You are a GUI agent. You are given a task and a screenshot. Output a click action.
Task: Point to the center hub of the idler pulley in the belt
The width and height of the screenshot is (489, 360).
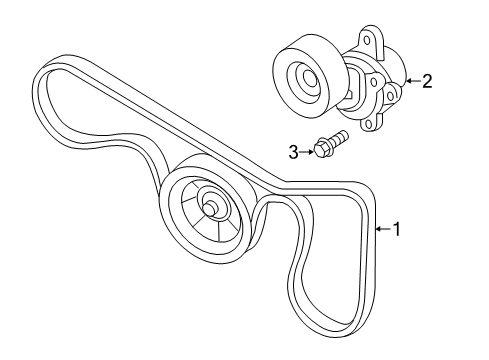(x=212, y=207)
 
